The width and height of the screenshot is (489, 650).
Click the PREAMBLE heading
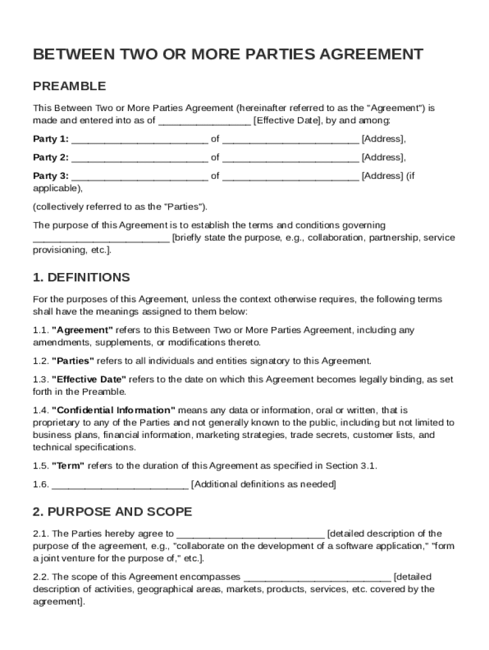coord(69,86)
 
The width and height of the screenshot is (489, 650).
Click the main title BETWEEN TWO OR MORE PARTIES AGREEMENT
coord(228,55)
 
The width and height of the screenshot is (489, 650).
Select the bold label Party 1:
coord(51,139)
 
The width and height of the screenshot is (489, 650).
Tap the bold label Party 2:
coord(51,157)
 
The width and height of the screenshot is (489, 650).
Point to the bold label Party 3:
coord(51,176)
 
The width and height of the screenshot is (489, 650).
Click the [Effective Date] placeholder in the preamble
coord(286,121)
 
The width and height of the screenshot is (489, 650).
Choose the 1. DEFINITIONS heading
coord(81,277)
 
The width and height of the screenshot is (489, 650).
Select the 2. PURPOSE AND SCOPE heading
coord(112,512)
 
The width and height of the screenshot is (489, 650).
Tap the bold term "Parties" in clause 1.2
coord(73,361)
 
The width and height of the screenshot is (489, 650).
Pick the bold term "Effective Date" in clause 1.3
coord(89,380)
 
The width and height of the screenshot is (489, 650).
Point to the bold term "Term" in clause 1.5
coord(68,466)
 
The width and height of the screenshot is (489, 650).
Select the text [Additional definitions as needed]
coord(264,485)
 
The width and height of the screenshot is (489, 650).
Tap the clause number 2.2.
coord(41,577)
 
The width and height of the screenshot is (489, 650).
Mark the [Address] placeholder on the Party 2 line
coord(384,157)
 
